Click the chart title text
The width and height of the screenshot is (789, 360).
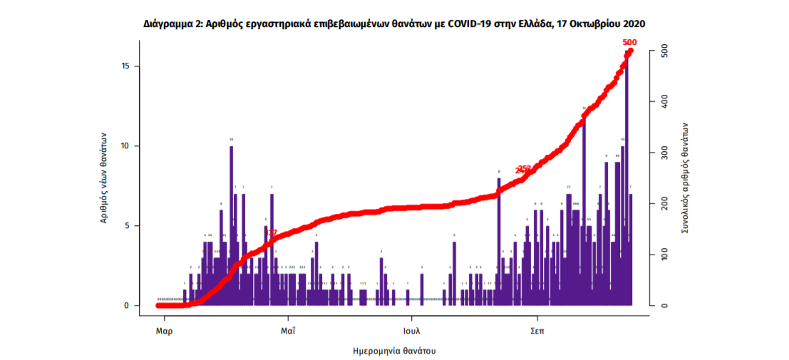tap(394, 24)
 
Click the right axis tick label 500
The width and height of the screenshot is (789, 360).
tap(664, 51)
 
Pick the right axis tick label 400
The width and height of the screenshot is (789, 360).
tap(664, 102)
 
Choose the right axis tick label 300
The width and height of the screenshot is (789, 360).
tap(664, 153)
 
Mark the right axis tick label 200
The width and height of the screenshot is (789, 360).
tap(664, 204)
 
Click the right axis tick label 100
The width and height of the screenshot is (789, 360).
tap(664, 255)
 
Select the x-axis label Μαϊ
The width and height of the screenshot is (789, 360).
tap(288, 331)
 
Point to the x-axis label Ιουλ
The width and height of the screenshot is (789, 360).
tap(411, 331)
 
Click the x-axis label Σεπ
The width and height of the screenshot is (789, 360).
tap(537, 331)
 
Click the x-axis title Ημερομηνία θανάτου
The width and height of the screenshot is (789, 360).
tap(394, 351)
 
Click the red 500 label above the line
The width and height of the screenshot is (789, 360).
tap(629, 43)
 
